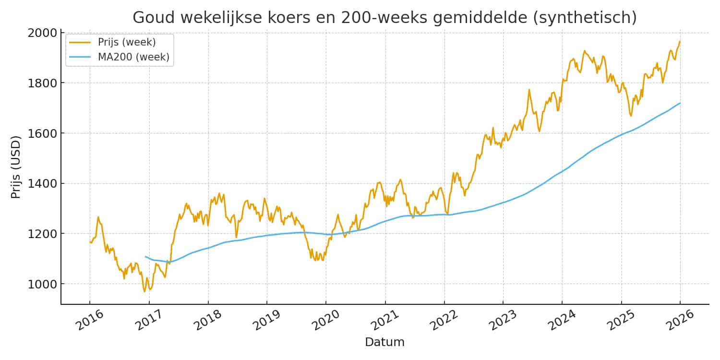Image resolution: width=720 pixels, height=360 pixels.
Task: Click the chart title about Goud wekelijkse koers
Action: tap(384, 17)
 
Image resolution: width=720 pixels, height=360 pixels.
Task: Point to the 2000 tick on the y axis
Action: tap(44, 33)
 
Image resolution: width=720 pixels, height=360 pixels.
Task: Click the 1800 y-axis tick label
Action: tap(44, 83)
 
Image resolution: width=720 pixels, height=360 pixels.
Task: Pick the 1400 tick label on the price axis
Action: tap(44, 183)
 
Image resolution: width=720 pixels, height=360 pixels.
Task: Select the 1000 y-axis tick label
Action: tap(44, 284)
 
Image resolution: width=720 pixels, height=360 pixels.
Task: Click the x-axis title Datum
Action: tap(384, 342)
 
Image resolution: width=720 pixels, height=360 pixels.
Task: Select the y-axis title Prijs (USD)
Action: tap(16, 168)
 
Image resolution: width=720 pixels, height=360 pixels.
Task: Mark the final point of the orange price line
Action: tap(680, 41)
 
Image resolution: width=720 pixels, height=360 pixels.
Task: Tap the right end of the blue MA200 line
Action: tap(680, 103)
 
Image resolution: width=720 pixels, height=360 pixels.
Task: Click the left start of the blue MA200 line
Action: tap(145, 257)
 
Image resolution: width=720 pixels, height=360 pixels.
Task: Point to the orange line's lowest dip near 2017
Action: tap(144, 291)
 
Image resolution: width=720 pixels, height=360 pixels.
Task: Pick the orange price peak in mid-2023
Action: tap(529, 89)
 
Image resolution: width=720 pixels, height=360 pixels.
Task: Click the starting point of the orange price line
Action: tap(90, 242)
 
